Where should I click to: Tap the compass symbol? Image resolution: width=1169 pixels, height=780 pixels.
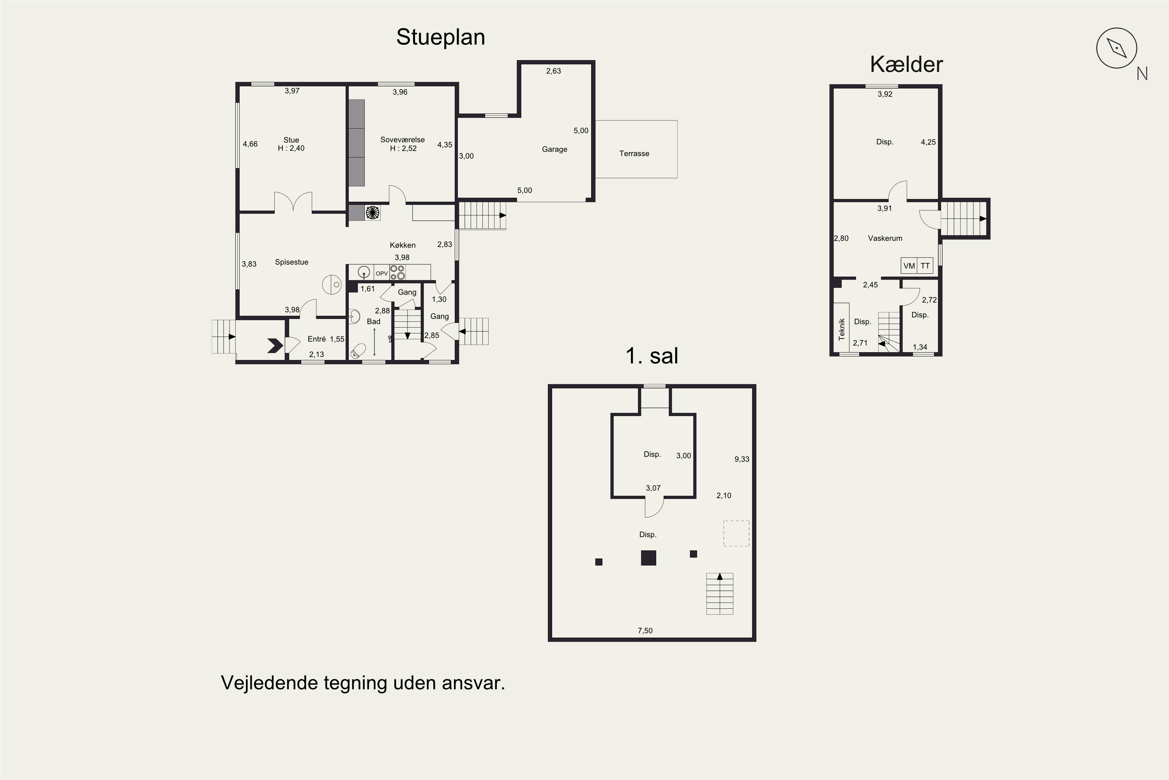[1117, 48]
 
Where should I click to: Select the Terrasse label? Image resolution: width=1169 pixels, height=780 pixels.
[634, 154]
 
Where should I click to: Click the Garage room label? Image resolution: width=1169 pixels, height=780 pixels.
[554, 149]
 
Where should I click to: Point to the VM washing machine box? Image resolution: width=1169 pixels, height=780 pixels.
[909, 266]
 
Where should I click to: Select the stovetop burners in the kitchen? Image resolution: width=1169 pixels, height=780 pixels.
[397, 272]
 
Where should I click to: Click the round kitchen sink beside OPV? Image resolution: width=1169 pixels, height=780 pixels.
[364, 273]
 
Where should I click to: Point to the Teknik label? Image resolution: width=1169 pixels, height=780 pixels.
[841, 329]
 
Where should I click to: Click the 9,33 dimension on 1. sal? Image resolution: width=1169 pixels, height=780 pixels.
[742, 459]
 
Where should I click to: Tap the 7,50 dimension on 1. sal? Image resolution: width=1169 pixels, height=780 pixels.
[645, 631]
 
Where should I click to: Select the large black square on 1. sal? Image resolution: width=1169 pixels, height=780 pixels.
[648, 558]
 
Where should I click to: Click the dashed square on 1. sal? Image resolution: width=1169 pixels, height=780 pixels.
[736, 533]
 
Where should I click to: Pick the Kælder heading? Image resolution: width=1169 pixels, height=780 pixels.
[906, 65]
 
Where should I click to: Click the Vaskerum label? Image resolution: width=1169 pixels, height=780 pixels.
[885, 238]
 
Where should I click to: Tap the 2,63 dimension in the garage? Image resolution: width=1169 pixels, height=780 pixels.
[553, 71]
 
